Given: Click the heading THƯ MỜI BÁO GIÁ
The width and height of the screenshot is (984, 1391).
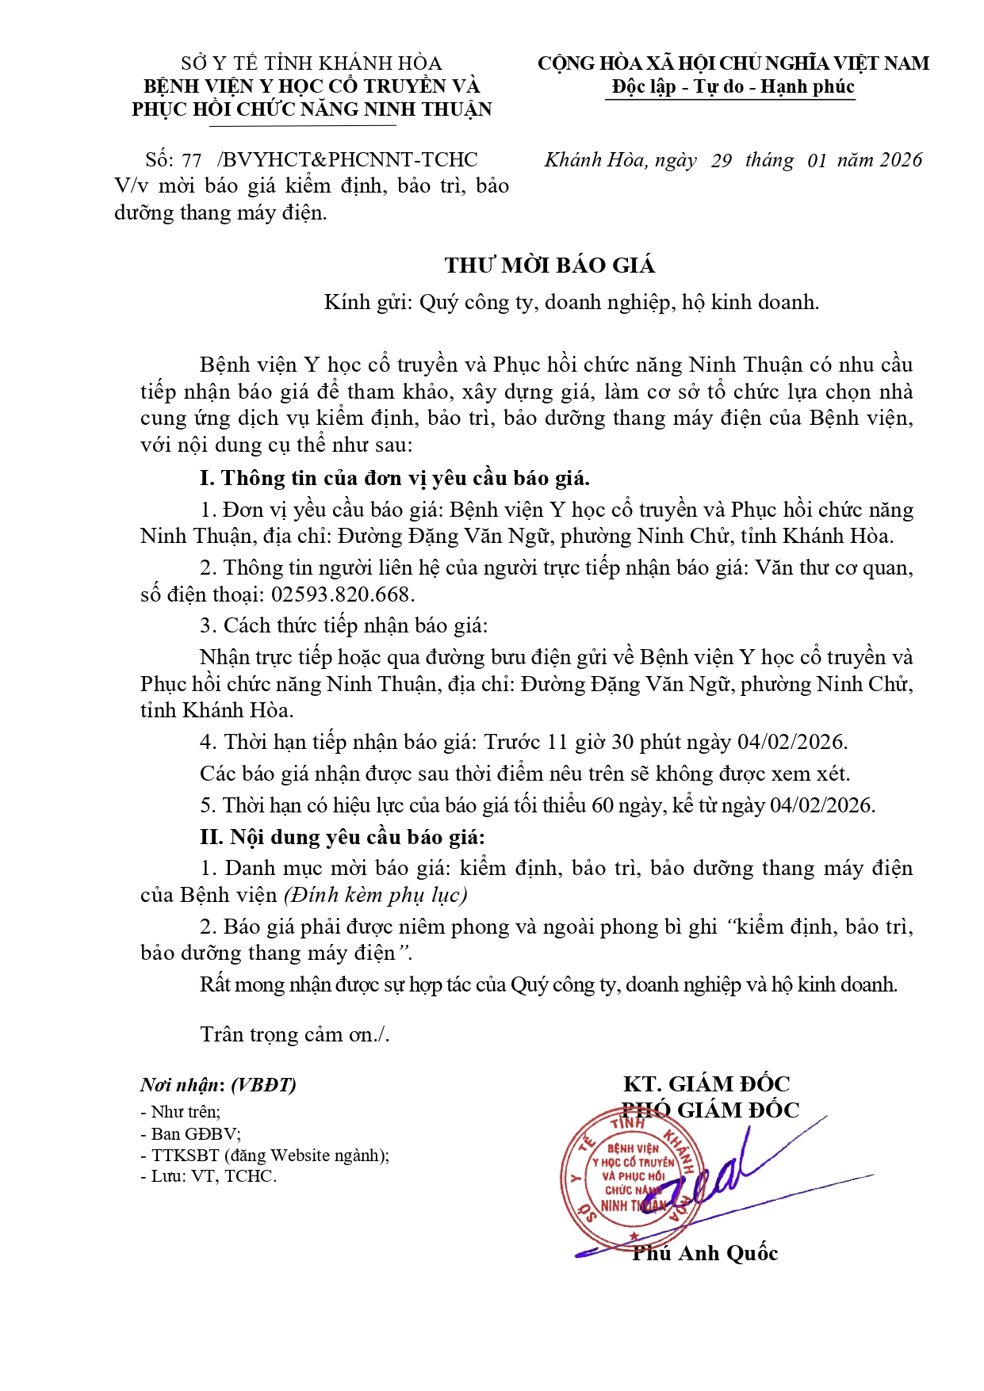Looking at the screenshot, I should pos(549,266).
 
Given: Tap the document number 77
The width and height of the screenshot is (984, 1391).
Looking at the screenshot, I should pos(191,160).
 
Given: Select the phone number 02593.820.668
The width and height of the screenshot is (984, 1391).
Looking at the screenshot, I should pos(343,594).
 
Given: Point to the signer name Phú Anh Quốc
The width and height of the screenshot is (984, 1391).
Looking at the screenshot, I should pos(705,1253).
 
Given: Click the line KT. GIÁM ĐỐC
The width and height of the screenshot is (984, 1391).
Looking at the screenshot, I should pos(706,1083).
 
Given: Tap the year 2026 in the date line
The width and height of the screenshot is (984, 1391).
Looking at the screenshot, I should pos(901,160).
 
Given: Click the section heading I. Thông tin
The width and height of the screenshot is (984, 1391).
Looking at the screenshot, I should pos(394,478).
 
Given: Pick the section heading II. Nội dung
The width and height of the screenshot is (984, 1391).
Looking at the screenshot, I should pos(342,837).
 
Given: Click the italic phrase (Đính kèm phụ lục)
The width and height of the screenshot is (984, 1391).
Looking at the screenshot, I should pos(376,895).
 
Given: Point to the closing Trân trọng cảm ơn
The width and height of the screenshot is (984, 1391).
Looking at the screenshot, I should pos(295,1034).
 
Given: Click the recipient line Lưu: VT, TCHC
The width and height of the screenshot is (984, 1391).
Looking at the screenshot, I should pos(209,1176).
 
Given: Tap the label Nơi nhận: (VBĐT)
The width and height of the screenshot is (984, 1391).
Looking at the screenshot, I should pos(218,1085).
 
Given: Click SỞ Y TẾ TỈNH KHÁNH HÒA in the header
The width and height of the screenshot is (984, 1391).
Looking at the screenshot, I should pos(311,63).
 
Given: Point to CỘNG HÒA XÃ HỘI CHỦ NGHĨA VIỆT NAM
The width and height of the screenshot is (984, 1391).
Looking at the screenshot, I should pos(733,63).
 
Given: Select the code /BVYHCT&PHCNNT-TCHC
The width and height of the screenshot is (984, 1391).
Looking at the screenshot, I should pos(347,160).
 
